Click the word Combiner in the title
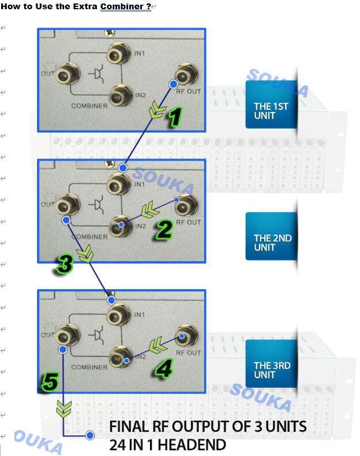tap(126, 6)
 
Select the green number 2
tap(164, 230)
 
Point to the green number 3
tap(65, 264)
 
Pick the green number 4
tap(164, 368)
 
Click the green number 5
tap(51, 382)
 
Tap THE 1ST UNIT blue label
tap(271, 104)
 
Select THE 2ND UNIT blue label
tap(271, 236)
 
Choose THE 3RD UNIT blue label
tap(271, 364)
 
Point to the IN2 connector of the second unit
tap(121, 226)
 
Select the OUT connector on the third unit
tap(67, 337)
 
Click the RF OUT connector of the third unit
tap(186, 337)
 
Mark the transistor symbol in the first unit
tap(97, 73)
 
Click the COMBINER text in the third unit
tap(89, 367)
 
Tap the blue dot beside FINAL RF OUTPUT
tap(90, 435)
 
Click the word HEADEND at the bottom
tap(192, 444)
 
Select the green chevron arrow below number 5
tap(63, 409)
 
